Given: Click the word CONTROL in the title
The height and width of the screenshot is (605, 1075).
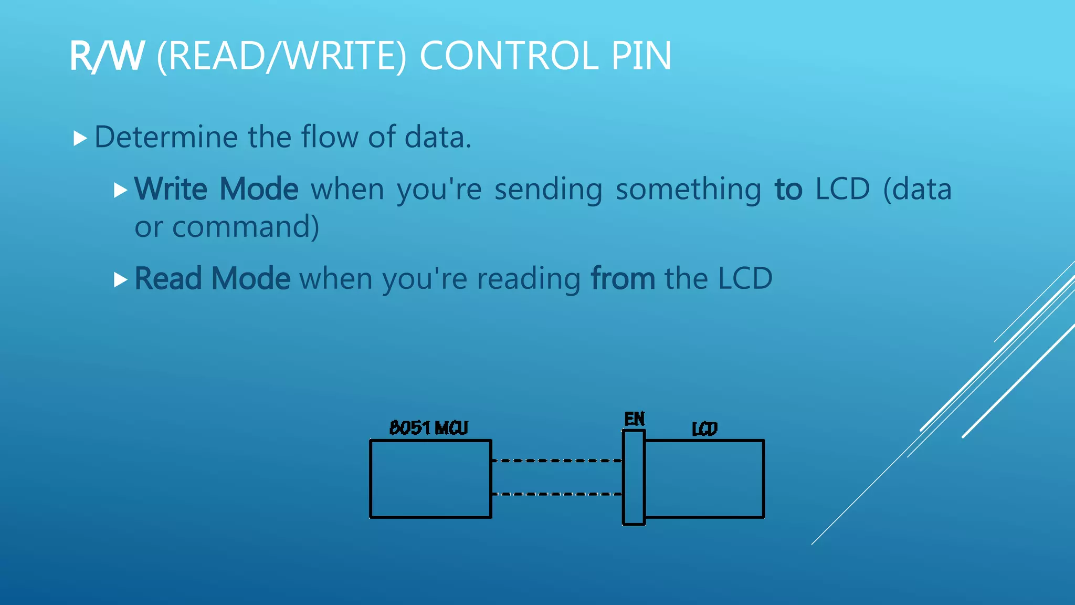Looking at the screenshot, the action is (x=509, y=56).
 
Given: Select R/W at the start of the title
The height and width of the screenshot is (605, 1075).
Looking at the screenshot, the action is (x=107, y=56).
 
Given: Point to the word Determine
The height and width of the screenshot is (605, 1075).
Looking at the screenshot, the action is (x=166, y=137).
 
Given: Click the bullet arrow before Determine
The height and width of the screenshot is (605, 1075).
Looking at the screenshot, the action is (x=80, y=139).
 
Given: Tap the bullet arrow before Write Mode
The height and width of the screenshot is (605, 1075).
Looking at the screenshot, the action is (x=120, y=190).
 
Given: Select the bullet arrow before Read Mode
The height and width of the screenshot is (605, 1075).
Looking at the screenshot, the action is (x=120, y=279).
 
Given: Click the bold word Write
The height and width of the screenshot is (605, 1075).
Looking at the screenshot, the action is (x=171, y=189).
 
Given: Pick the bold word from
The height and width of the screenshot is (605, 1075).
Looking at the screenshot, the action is (x=623, y=278).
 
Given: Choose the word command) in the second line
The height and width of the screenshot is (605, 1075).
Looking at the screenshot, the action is (x=245, y=227).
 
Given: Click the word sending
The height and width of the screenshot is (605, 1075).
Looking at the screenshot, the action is (x=548, y=190).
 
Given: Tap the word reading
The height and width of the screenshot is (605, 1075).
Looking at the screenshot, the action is (x=528, y=279).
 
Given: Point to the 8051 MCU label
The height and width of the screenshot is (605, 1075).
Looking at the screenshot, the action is (x=428, y=428).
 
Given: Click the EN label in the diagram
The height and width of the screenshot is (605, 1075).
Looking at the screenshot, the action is (x=634, y=419).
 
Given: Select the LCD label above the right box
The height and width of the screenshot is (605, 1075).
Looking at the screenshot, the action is (x=704, y=429).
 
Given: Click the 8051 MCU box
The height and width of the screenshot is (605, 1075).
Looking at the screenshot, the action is (x=430, y=479).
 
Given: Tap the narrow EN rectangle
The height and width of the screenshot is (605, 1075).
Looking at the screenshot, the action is (x=634, y=477).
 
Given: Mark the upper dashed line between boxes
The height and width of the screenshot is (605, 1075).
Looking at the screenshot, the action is (x=556, y=461).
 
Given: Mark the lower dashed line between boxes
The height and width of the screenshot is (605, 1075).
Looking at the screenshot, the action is (x=556, y=494).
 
